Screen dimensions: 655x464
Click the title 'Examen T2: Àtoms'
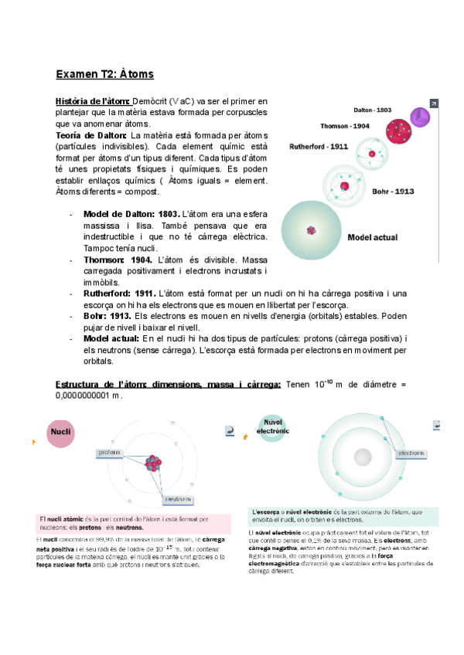pyautogui.click(x=104, y=74)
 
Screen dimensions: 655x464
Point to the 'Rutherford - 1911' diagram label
pyautogui.click(x=319, y=145)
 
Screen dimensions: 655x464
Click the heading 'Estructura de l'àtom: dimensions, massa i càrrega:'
pyautogui.click(x=168, y=385)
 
